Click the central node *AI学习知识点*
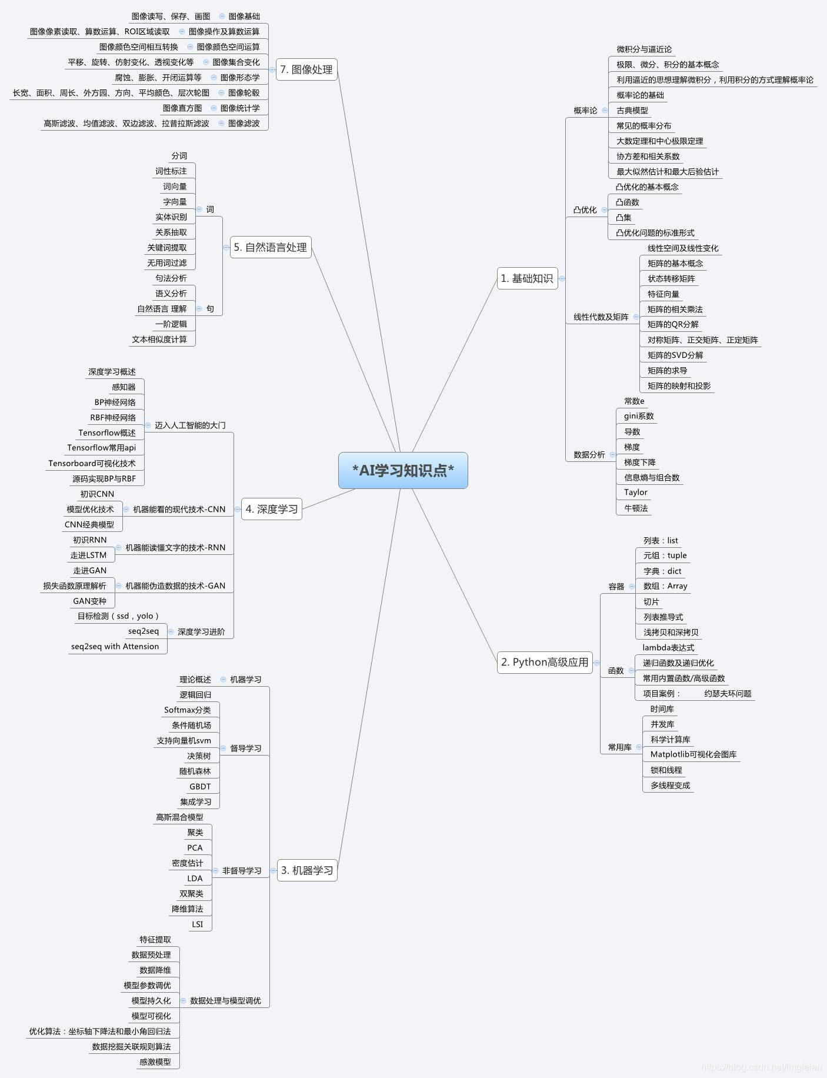tap(403, 470)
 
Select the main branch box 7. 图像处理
tap(306, 69)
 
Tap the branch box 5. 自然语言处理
tap(270, 247)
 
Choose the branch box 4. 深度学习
tap(271, 509)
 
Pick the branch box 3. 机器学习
tap(306, 870)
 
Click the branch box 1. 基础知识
tap(526, 278)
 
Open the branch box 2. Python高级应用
tap(544, 662)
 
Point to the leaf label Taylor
tap(635, 493)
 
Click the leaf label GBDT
tap(200, 787)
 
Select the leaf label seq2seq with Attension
tap(115, 647)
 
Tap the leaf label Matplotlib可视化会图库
tap(693, 754)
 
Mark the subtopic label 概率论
tap(585, 110)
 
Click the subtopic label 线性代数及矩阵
tap(601, 317)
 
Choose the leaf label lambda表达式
tap(668, 647)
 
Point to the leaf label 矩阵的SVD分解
tap(675, 355)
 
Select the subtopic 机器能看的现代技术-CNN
tap(179, 509)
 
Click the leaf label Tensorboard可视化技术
tap(92, 463)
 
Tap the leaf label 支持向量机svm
tap(184, 741)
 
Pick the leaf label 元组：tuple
tap(665, 555)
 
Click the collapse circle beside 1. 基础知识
tap(562, 278)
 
